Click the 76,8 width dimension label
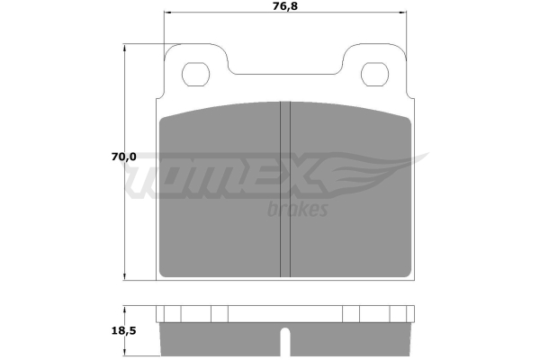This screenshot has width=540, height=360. pyautogui.click(x=285, y=6)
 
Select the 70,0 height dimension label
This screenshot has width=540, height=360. pyautogui.click(x=124, y=157)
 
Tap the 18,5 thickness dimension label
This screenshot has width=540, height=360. pyautogui.click(x=124, y=330)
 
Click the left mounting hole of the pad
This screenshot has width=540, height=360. pyautogui.click(x=195, y=75)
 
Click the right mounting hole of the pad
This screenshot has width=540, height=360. pyautogui.click(x=374, y=75)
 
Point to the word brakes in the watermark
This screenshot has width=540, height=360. pyautogui.click(x=298, y=209)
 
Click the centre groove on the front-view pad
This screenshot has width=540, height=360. pyautogui.click(x=285, y=189)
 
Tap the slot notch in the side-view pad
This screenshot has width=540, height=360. pyautogui.click(x=285, y=342)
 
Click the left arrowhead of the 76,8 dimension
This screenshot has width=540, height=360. pyautogui.click(x=167, y=13)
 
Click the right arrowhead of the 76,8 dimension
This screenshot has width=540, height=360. pyautogui.click(x=403, y=13)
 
